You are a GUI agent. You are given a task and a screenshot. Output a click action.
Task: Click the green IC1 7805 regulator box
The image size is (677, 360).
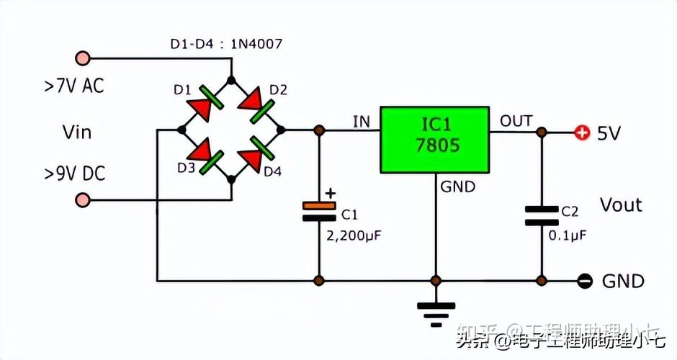pos(434,140)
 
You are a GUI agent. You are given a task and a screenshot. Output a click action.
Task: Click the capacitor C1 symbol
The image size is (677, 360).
pos(319,211)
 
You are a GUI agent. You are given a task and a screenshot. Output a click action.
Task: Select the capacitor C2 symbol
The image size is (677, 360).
pos(542,215)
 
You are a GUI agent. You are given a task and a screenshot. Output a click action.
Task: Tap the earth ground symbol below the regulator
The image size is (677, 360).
pos(436,311)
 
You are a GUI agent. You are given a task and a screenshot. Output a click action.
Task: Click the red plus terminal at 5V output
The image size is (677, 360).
pos(581,132)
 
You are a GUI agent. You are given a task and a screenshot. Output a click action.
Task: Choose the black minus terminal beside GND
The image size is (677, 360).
pos(586,281)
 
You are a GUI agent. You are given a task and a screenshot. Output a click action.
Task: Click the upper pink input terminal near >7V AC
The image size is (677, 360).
pos(83,58)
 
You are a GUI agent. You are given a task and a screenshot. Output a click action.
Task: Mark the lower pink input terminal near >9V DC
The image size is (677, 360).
pos(83,199)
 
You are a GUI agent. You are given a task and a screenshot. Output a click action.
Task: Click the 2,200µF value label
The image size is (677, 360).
pos(353,235)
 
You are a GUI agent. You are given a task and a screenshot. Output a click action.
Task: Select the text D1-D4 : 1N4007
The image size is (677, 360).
pos(226,44)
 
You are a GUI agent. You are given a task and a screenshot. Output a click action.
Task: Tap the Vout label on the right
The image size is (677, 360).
pos(621,204)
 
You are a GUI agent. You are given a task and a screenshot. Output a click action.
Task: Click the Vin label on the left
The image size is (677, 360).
pos(77,132)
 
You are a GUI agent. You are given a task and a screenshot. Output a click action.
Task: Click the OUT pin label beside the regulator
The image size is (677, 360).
pos(516,120)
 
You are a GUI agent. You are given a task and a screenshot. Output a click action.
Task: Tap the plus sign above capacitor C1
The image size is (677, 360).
pos(331,193)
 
